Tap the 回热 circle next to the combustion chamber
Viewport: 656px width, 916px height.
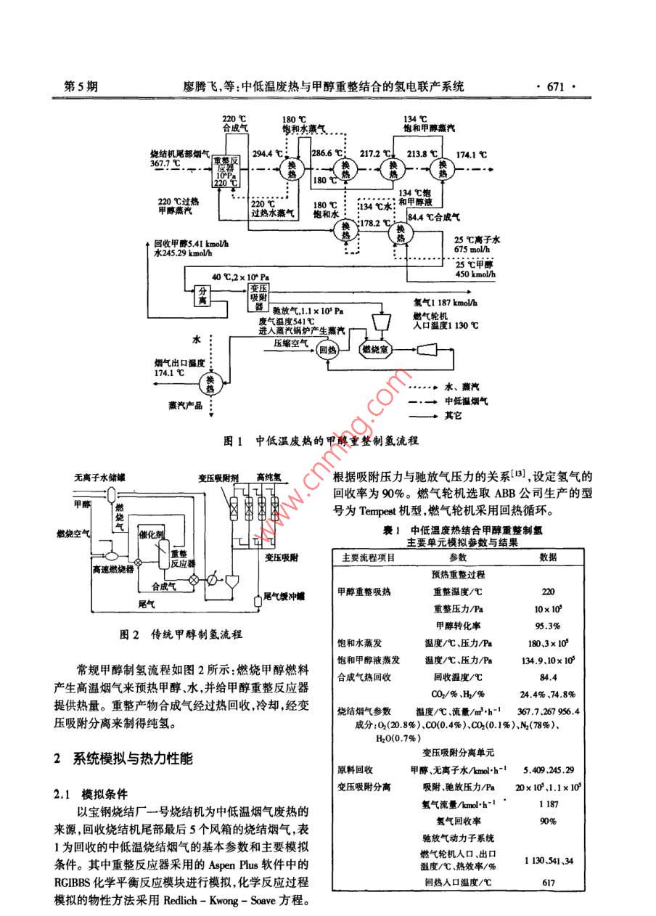[x=329, y=349]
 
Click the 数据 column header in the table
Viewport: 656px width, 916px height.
[x=548, y=557]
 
